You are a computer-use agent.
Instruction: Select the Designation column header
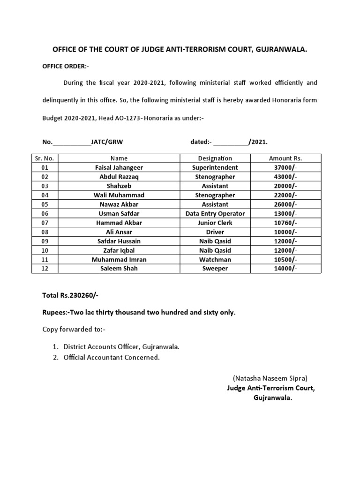(215, 158)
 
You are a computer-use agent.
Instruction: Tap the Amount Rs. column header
(285, 158)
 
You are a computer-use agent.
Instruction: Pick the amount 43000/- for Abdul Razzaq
(285, 177)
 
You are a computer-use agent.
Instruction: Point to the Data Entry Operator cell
(215, 214)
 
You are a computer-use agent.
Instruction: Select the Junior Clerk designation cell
(215, 223)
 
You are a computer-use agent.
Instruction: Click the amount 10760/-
(285, 223)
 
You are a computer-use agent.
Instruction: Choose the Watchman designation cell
(215, 260)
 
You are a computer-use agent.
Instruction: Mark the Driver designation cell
(215, 232)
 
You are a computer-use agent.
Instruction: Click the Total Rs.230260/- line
(70, 295)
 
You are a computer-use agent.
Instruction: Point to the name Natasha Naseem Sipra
(270, 378)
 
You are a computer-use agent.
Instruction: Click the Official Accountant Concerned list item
(112, 358)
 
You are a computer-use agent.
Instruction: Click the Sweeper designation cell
(215, 269)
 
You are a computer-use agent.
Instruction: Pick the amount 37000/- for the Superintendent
(285, 168)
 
